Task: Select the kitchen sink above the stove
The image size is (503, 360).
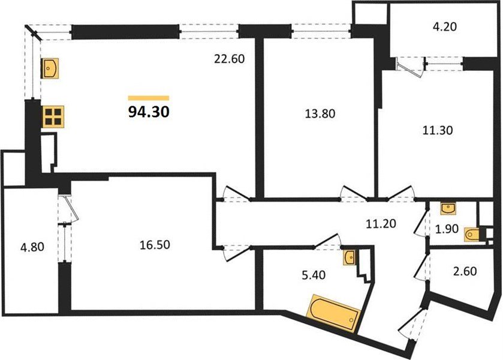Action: pyautogui.click(x=50, y=68)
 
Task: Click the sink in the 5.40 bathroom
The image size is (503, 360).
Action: pyautogui.click(x=351, y=258)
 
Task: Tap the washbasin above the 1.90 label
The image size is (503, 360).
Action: pyautogui.click(x=447, y=208)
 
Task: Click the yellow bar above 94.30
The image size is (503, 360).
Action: pyautogui.click(x=149, y=98)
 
